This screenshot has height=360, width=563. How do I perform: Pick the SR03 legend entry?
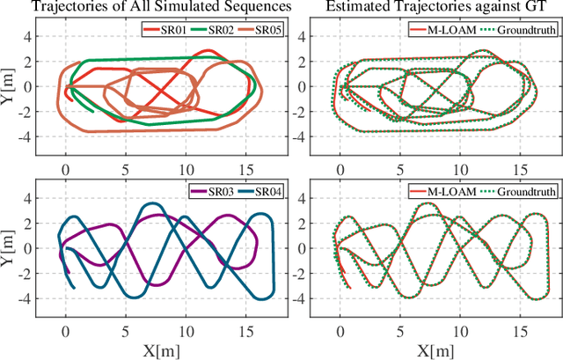tap(209, 192)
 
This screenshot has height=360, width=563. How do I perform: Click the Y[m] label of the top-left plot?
tap(9, 85)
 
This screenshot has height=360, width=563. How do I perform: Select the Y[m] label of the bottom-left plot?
tap(9, 246)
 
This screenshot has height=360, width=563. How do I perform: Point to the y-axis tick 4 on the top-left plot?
tap(35, 37)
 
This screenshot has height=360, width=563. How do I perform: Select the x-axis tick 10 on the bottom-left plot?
tap(185, 327)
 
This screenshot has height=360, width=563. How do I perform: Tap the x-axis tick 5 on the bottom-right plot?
tap(400, 327)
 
